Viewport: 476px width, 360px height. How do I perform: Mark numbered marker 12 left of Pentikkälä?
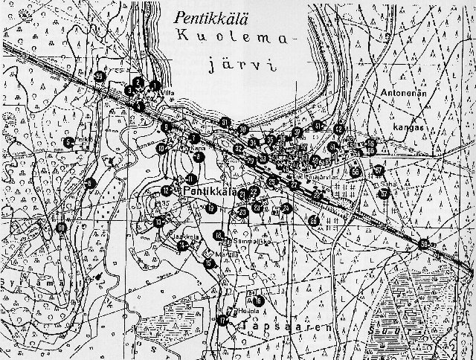click(167, 192)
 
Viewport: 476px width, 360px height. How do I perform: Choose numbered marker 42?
click(339, 129)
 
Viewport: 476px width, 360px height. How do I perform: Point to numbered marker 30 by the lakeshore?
click(242, 129)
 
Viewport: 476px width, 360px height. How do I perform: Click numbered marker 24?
click(287, 208)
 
